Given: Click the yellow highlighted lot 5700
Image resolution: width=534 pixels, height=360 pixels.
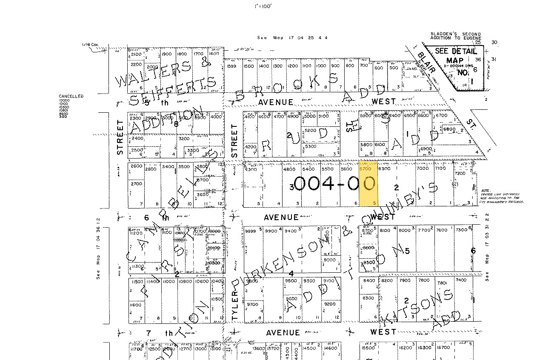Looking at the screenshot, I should tap(368, 183).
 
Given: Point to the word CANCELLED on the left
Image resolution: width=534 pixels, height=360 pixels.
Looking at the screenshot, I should tap(71, 96).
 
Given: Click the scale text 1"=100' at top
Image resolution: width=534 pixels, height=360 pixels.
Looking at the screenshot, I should tap(263, 6).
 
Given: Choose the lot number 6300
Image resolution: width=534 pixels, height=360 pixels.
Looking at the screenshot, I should tap(384, 169).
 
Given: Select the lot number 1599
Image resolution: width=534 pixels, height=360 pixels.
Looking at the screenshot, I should tap(231, 66).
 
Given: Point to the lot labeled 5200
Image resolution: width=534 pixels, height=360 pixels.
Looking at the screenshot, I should tap(310, 130).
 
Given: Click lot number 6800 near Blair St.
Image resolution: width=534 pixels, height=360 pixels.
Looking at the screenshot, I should tap(449, 129).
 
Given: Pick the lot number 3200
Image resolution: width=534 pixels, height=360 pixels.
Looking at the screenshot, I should tap(184, 139).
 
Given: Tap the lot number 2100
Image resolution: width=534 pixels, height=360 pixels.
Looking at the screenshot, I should tap(136, 54).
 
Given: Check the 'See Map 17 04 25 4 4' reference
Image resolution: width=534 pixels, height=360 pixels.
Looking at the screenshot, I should tap(292, 37).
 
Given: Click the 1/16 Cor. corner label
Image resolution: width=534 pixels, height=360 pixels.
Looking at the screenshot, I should tap(90, 44).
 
